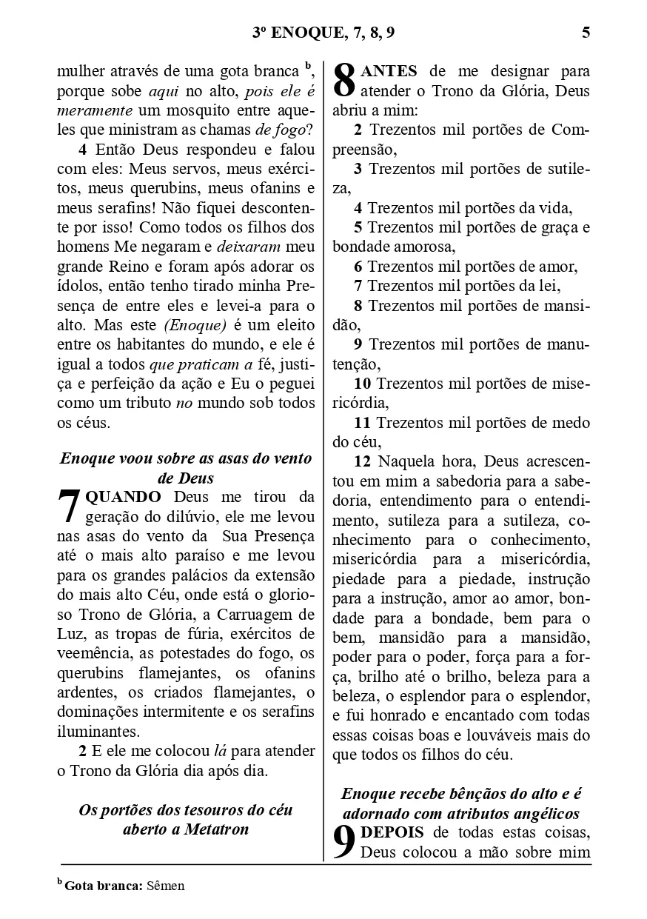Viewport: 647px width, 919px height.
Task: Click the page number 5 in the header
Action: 586,32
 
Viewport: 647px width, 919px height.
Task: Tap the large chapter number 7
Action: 69,507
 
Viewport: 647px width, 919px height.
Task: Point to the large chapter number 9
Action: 344,843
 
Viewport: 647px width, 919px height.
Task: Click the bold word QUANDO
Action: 124,496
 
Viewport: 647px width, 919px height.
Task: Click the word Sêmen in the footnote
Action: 166,886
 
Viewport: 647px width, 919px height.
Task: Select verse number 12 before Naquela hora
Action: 363,462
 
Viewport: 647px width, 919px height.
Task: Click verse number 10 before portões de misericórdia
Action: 363,384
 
